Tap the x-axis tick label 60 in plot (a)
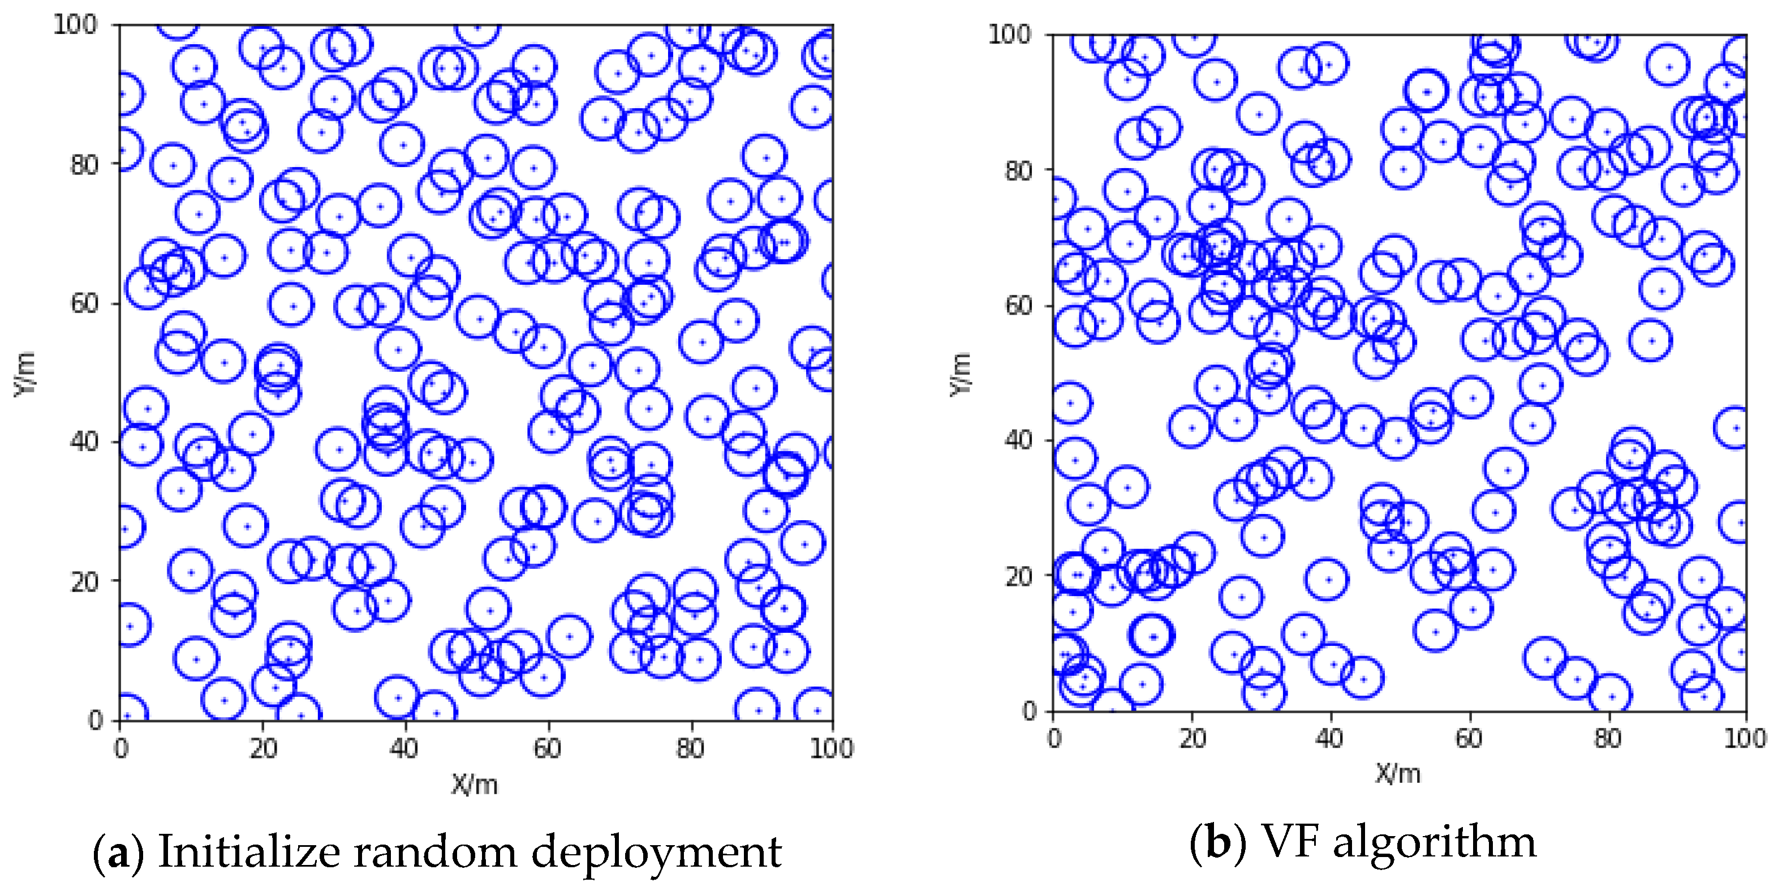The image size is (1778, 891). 546,748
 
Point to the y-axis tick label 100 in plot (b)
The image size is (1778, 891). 1009,34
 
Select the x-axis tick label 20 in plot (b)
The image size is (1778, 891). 1192,738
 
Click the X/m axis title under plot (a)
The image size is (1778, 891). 474,785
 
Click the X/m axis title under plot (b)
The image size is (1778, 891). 1398,774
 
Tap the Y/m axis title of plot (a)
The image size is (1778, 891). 25,374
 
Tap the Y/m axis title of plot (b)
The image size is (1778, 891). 961,374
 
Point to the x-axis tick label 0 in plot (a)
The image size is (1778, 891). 121,748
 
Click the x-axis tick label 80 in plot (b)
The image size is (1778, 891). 1607,738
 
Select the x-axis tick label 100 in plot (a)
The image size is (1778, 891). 831,748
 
